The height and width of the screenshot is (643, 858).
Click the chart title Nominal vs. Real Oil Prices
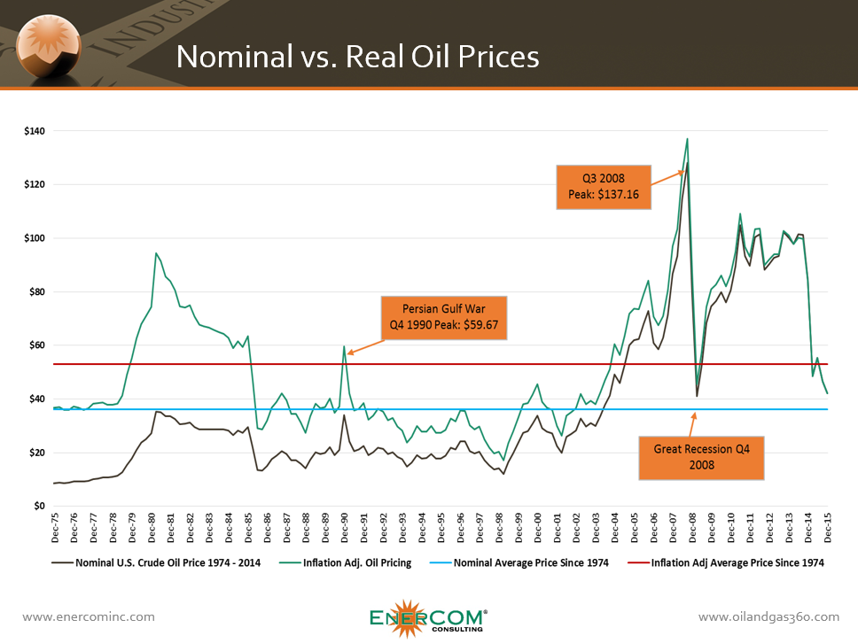coord(357,57)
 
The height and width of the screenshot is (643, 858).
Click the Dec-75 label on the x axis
coord(56,529)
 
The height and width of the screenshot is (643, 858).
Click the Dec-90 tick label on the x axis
coord(345,529)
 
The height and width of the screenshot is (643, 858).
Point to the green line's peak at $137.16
coord(687,139)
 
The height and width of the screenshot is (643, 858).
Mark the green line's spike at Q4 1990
coord(344,346)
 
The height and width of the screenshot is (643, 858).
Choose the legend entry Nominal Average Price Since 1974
coord(526,563)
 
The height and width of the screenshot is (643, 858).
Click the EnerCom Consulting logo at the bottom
coord(428,617)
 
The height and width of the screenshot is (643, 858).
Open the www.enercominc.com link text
coord(88,616)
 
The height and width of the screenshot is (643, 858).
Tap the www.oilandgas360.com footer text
coord(768,616)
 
